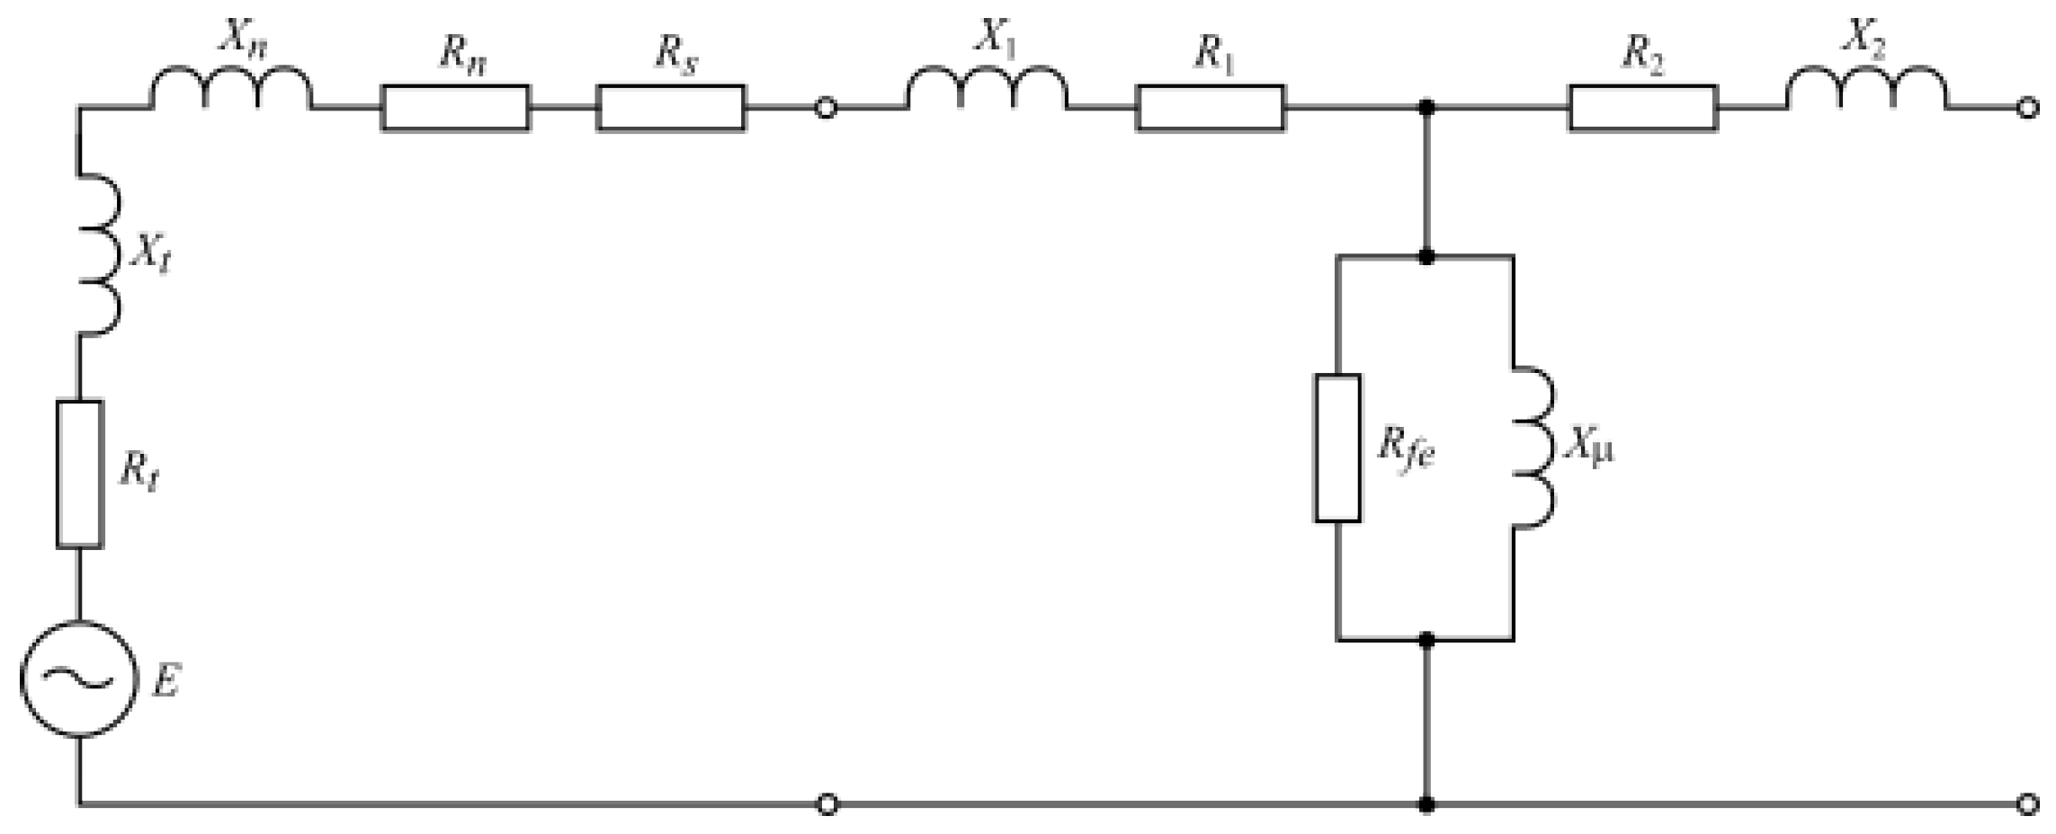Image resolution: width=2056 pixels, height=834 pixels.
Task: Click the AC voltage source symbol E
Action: click(x=79, y=679)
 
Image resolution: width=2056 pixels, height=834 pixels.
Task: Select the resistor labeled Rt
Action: click(x=79, y=474)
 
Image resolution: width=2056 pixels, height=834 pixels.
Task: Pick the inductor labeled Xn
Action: click(x=231, y=90)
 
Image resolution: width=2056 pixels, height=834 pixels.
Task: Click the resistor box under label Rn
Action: click(x=455, y=109)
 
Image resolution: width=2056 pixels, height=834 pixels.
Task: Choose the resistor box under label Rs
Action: click(x=670, y=109)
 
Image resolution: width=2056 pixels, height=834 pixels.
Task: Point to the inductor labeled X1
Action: click(x=987, y=90)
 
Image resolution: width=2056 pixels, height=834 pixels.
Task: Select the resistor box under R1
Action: click(x=1211, y=109)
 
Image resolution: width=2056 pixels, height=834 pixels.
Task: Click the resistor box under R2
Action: click(x=1643, y=109)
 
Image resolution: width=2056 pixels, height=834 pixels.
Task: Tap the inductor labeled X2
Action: click(x=1867, y=90)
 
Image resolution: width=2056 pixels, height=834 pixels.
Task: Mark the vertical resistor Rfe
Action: click(x=1337, y=448)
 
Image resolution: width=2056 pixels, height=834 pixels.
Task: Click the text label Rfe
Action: click(x=1406, y=449)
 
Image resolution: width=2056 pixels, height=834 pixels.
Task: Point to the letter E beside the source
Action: click(x=166, y=680)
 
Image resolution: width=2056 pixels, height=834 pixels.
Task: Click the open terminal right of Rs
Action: click(x=825, y=109)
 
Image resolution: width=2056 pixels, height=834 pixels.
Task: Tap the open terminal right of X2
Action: click(x=2026, y=109)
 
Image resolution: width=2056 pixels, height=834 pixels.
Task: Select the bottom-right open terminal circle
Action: click(x=2026, y=803)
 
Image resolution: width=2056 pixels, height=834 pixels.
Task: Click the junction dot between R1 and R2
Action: click(x=1426, y=109)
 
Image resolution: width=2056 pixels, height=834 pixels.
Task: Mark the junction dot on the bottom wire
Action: click(x=1426, y=803)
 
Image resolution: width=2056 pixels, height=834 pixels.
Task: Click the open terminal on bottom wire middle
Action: click(x=827, y=803)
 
